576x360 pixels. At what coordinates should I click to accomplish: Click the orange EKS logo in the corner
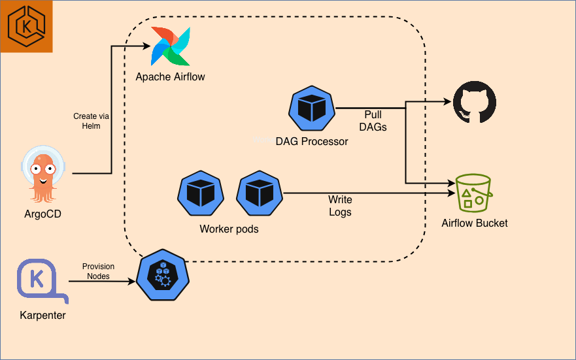click(26, 26)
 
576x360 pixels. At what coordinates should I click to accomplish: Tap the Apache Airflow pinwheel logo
click(171, 46)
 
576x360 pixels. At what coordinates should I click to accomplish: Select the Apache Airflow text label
click(170, 77)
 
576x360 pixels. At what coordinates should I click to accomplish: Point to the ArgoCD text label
click(43, 214)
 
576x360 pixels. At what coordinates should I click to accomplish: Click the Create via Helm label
click(91, 121)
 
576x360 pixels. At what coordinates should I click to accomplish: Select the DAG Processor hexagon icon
click(312, 109)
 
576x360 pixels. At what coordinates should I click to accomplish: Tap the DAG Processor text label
click(312, 141)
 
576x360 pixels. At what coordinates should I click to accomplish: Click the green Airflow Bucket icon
click(474, 192)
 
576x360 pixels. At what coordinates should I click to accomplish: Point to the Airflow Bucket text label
click(475, 223)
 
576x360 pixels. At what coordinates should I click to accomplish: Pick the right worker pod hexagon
click(259, 193)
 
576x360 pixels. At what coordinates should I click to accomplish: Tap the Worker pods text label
click(229, 229)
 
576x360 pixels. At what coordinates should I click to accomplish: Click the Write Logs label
click(340, 206)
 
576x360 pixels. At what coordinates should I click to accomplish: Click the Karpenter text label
click(42, 316)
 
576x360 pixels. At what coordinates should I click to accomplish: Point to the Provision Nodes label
click(98, 271)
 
